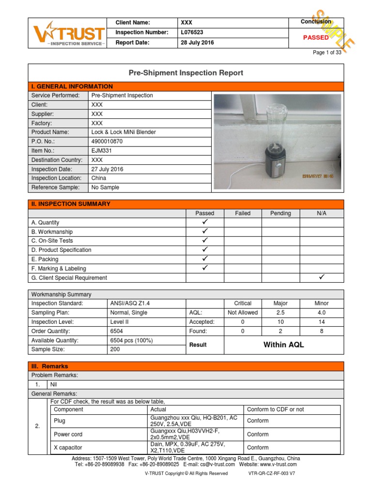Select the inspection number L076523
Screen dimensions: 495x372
coord(192,32)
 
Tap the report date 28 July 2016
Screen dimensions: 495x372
coord(197,43)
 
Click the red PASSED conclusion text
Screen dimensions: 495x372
coord(316,37)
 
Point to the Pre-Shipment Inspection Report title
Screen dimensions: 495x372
coord(186,73)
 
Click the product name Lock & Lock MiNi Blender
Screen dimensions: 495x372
coord(124,132)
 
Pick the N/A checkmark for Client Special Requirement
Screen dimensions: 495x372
coord(322,277)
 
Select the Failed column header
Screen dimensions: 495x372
coord(243,213)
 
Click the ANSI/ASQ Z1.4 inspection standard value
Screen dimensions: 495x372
coord(130,304)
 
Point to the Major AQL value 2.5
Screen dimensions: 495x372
coord(280,313)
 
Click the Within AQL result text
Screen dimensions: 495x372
coord(283,345)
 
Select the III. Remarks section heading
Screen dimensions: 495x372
coord(50,366)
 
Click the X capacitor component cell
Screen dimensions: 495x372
coord(68,448)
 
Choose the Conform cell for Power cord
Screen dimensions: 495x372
coord(258,434)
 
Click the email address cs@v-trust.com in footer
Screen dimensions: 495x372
coord(209,464)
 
